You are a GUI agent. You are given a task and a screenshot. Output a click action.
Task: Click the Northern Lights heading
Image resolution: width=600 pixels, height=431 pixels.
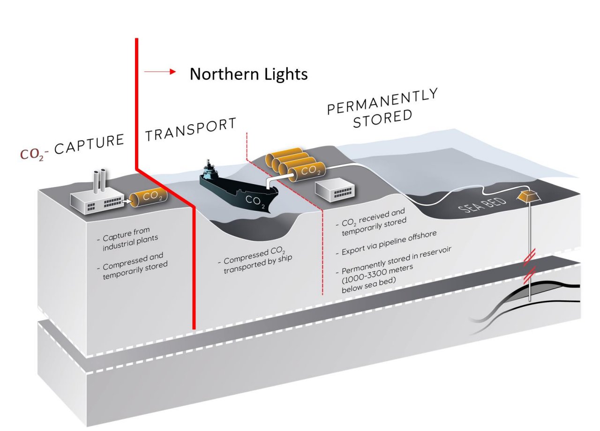248,74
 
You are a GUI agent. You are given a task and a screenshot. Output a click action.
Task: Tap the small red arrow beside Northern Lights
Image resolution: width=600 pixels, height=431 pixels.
160,72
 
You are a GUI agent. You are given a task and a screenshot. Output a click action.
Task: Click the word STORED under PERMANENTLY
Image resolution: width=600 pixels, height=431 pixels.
382,118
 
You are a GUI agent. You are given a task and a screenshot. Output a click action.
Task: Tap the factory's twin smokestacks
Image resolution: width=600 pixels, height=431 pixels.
99,180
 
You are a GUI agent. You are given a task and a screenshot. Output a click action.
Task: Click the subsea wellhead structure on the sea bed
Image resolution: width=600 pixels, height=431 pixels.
528,195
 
